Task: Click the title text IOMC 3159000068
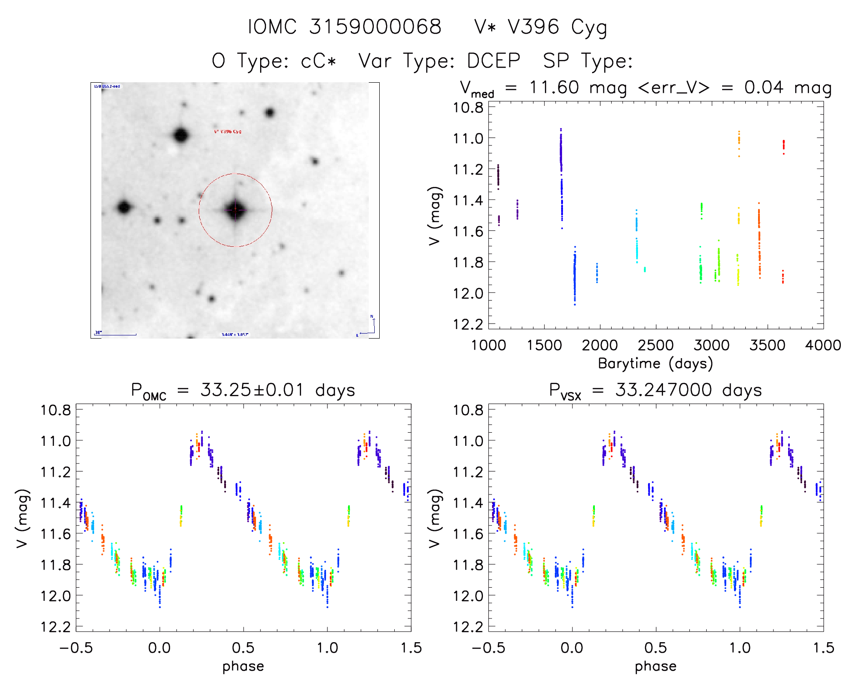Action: (x=344, y=27)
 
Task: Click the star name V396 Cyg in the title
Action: (x=557, y=27)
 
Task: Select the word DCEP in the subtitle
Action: (x=493, y=60)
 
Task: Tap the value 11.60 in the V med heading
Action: (x=554, y=87)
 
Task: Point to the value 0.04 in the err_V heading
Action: (x=764, y=87)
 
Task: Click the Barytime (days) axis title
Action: (x=655, y=364)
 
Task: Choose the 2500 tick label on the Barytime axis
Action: (x=656, y=345)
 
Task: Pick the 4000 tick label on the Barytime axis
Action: (x=823, y=345)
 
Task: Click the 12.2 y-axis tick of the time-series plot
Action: (x=468, y=324)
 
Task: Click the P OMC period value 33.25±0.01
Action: (x=252, y=390)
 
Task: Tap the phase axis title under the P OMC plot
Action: (x=243, y=666)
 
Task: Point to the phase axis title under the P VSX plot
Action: (x=656, y=666)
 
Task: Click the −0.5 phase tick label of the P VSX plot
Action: (x=488, y=648)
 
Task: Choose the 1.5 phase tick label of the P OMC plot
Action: (x=411, y=648)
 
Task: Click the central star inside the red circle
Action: (x=235, y=210)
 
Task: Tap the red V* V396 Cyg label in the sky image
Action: (x=228, y=132)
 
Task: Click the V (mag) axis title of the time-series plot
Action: (x=435, y=216)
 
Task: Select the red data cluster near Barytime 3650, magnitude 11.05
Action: (x=784, y=145)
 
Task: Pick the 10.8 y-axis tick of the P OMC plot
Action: (x=56, y=410)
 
